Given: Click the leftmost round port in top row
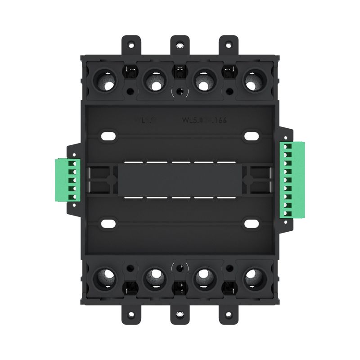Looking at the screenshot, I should coord(107,81).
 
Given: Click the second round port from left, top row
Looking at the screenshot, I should coord(155,81).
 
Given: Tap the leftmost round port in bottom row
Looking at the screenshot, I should coord(107,277).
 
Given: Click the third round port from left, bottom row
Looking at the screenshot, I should coord(204,277).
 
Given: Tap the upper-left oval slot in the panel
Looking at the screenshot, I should coord(108,135).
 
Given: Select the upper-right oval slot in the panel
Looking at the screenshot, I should coord(251,135).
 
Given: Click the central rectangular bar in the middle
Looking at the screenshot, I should coord(180,179).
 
